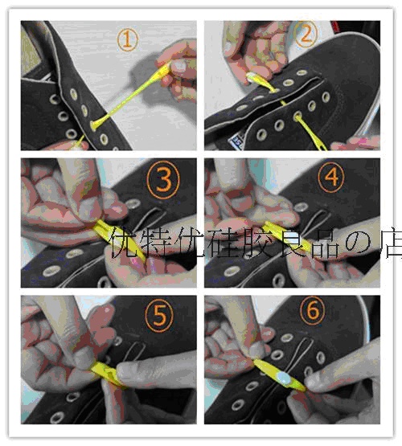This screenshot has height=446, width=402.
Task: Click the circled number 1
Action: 128,40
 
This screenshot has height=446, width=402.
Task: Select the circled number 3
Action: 163,180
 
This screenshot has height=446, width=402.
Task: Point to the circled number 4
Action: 331,178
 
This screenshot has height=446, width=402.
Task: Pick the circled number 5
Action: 159,315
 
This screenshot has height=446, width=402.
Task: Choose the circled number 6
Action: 313,309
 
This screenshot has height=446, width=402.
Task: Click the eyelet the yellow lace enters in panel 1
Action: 93,125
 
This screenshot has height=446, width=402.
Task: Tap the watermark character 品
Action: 326,242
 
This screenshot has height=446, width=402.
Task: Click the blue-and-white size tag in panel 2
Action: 236,141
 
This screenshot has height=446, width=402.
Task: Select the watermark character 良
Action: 292,243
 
